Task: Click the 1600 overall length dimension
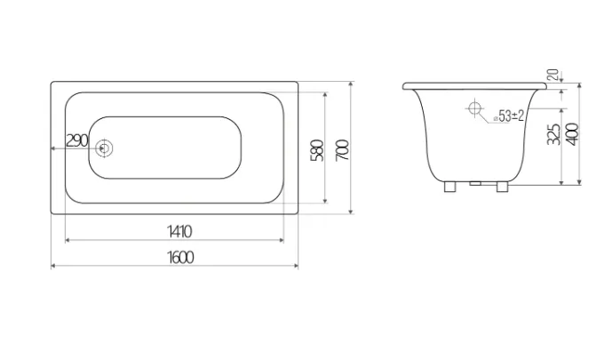click(x=180, y=257)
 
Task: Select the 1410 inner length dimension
click(x=179, y=232)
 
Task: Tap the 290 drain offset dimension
click(x=77, y=140)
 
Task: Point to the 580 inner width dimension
click(x=317, y=150)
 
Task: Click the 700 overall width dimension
click(x=343, y=150)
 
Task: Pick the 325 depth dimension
click(x=554, y=134)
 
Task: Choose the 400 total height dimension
click(x=573, y=134)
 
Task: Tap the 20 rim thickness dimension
click(x=553, y=75)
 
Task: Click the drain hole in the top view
click(x=104, y=148)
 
